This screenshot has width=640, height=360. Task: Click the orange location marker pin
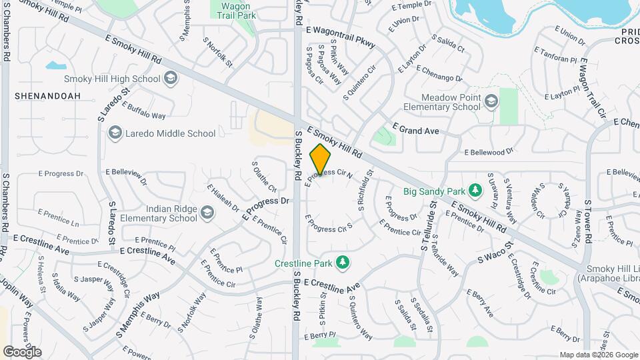321,159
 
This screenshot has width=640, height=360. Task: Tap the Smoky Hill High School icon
171,79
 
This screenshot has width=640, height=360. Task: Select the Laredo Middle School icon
115,133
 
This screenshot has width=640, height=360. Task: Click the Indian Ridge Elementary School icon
207,213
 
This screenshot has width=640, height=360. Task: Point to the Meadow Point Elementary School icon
491,101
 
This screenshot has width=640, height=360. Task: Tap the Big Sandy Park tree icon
475,191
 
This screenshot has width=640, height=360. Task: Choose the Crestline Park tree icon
343,263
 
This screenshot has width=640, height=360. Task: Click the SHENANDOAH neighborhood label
47,96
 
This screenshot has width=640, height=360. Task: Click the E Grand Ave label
416,131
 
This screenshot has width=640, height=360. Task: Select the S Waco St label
493,255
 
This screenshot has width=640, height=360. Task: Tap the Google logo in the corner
21,351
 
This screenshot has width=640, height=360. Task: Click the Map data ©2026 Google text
598,355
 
